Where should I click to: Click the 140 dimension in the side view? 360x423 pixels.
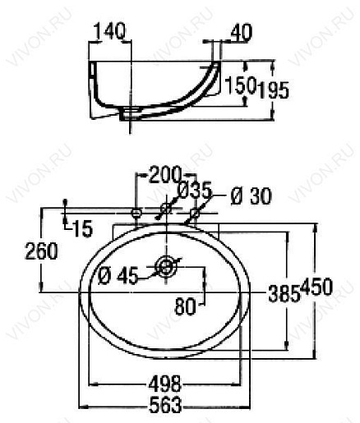tap(110, 31)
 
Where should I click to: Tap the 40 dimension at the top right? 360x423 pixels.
tap(241, 33)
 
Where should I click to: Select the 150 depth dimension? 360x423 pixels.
tap(241, 85)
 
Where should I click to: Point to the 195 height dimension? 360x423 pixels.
tap(274, 90)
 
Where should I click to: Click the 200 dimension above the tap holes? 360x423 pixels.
tap(165, 174)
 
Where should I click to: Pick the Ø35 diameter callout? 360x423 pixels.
tap(195, 190)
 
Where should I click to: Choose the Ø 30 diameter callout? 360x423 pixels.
tap(251, 196)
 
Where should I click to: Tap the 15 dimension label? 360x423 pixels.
tap(83, 228)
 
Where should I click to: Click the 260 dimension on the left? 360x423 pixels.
tap(41, 251)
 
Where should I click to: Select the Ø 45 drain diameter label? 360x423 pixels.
tap(118, 276)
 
